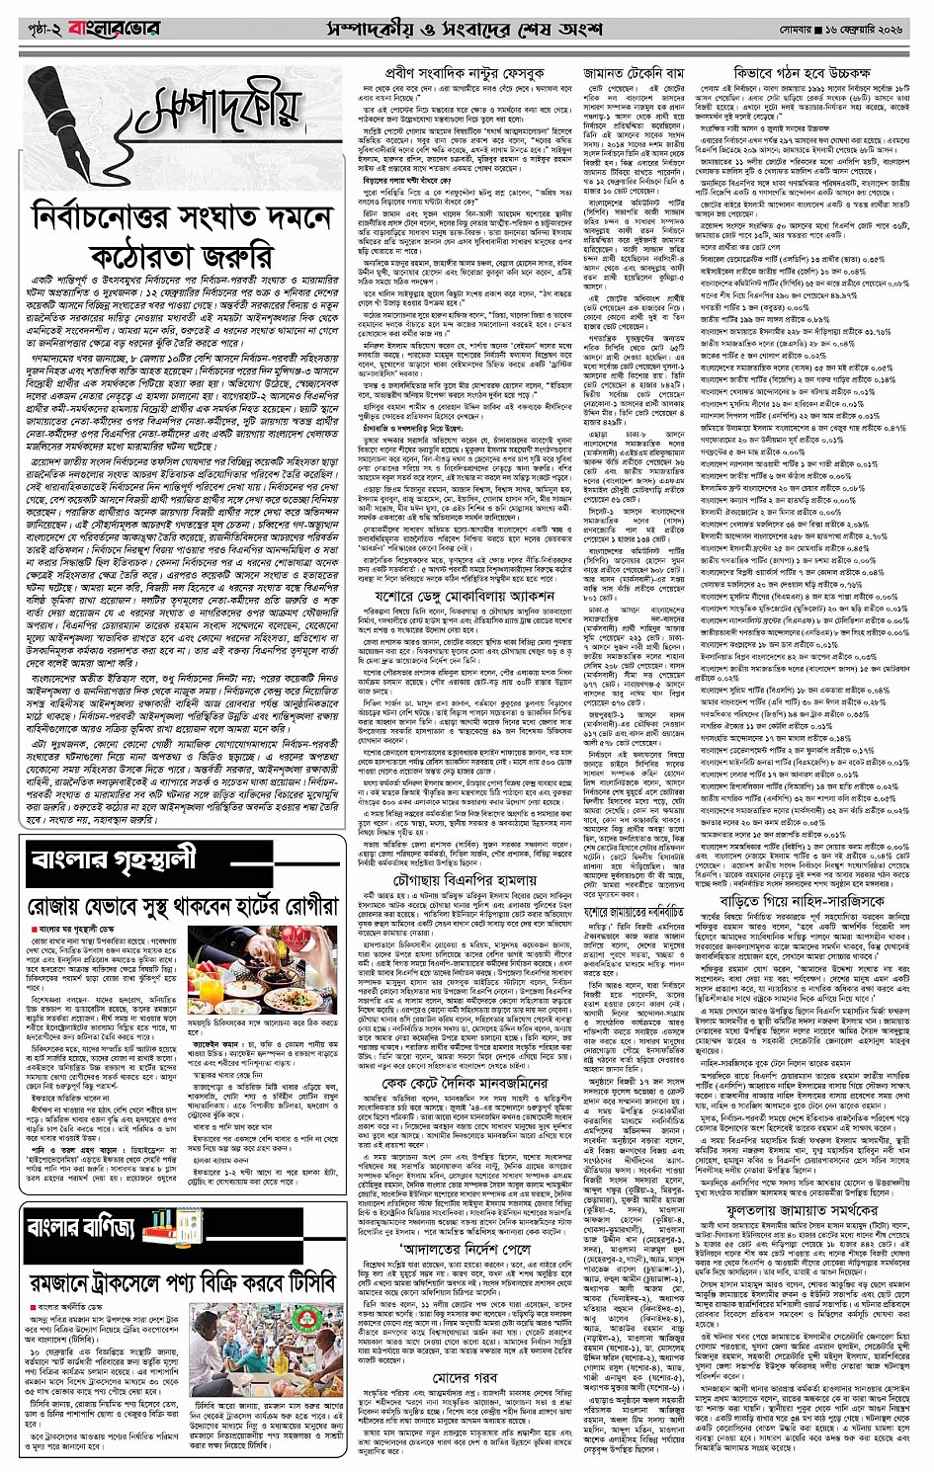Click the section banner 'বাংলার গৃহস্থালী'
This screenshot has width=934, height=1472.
click(115, 859)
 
